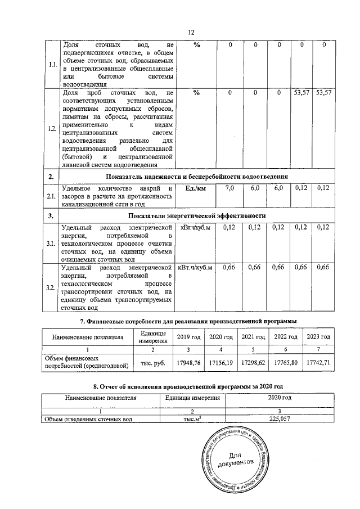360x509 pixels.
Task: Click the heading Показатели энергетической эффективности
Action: point(197,216)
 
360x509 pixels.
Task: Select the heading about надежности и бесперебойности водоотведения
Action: point(197,177)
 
